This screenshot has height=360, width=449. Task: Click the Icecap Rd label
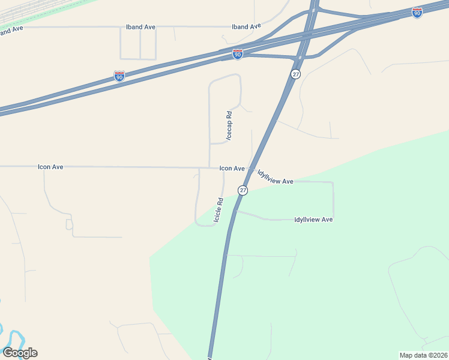point(229,125)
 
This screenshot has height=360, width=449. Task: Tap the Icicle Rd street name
point(219,210)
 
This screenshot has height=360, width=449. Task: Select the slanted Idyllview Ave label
point(275,177)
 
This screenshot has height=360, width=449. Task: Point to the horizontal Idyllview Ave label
point(313,220)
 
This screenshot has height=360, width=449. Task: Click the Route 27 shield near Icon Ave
point(243,190)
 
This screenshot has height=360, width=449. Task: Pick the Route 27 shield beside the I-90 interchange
point(295,74)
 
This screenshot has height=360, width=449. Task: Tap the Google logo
point(20,353)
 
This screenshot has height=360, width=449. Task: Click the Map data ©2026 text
point(423,355)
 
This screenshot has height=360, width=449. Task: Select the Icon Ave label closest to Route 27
point(232,169)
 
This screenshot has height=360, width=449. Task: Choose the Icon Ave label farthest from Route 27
point(50,167)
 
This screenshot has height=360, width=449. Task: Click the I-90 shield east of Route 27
point(417,11)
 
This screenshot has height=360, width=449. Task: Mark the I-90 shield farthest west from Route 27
point(119,76)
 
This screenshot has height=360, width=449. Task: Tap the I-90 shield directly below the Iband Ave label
point(238,55)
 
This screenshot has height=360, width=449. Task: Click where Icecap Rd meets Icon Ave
point(209,167)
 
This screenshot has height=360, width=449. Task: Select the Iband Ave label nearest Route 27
point(247,26)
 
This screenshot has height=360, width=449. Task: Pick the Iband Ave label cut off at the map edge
point(11,30)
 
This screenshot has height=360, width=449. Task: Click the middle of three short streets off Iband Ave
point(140,43)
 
